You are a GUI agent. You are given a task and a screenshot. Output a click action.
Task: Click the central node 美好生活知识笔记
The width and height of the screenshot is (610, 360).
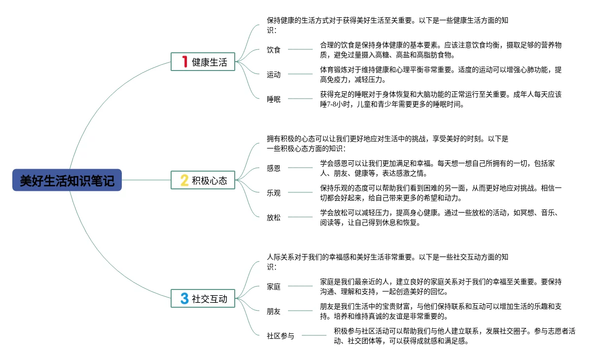click(67, 180)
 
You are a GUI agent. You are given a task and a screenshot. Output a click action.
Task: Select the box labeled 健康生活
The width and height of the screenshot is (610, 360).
click(203, 62)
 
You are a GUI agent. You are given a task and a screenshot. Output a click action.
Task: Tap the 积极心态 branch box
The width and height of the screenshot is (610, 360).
click(203, 180)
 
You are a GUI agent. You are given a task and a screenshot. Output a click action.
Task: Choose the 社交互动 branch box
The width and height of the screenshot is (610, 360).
click(203, 298)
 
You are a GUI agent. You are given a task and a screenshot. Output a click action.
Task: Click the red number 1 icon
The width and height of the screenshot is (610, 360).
click(184, 62)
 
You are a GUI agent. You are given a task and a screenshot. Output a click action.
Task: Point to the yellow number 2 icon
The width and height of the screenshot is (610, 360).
click(184, 180)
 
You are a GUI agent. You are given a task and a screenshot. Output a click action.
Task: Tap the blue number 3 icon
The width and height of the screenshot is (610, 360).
click(184, 298)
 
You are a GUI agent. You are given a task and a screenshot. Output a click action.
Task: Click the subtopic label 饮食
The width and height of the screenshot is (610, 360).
click(274, 49)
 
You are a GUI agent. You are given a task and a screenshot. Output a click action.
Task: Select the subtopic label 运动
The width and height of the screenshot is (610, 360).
click(274, 74)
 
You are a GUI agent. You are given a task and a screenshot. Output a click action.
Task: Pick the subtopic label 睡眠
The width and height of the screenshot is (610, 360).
click(274, 99)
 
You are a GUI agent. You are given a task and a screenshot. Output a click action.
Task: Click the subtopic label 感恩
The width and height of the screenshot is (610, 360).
click(274, 168)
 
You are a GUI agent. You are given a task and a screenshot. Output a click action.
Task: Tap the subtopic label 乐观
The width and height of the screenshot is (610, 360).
click(274, 193)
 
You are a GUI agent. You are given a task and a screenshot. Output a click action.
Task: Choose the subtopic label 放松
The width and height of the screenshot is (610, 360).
click(274, 217)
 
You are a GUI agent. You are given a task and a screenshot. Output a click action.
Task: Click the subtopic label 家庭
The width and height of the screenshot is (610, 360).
click(274, 286)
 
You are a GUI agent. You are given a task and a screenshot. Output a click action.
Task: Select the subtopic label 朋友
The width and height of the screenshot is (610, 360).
click(274, 311)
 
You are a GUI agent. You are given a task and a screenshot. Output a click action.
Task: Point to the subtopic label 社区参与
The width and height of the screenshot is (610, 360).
click(281, 335)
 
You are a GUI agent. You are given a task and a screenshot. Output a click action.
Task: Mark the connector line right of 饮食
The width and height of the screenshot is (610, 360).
click(300, 49)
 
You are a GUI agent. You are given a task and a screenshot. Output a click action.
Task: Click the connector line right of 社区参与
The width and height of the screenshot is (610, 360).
click(314, 335)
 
